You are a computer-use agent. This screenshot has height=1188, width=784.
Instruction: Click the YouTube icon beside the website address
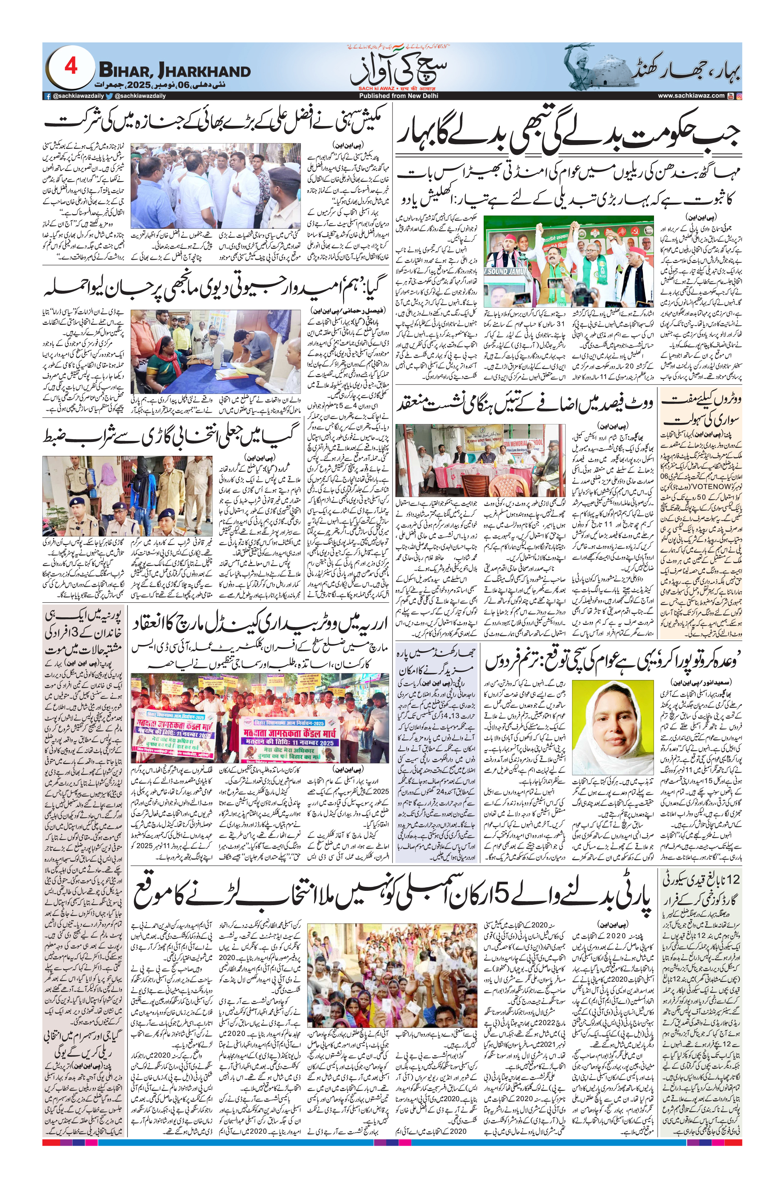click(730, 96)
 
